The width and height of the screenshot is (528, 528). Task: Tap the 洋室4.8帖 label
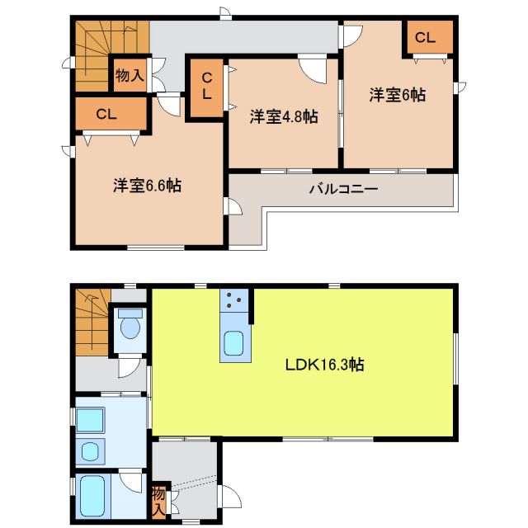pos(284,117)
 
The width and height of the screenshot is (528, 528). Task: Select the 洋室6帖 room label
pos(397,95)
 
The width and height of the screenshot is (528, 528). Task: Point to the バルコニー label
pos(343,189)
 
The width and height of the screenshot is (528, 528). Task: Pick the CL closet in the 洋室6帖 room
pos(426,37)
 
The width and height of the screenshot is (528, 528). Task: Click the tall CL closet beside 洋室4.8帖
pos(206,87)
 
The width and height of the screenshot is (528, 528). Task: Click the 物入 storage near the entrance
pos(159,501)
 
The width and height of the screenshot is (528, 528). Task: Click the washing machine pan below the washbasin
pos(90,450)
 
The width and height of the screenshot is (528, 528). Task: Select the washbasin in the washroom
pos(89,419)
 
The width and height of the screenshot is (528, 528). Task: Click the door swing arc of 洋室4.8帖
pos(313,69)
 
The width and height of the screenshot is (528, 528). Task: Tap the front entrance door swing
pos(228,495)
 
